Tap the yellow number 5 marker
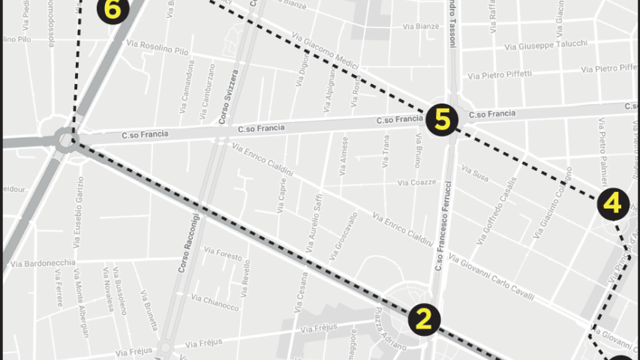442,120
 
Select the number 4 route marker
613,203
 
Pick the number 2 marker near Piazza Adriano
424,319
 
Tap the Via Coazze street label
416,182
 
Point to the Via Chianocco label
215,302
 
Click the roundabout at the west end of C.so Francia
66,139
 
